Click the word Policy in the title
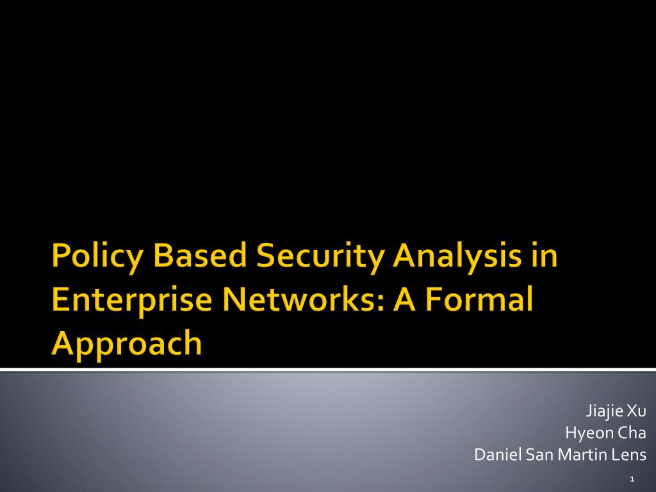click(x=97, y=257)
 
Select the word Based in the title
click(x=200, y=255)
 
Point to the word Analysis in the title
click(x=457, y=257)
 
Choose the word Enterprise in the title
click(x=132, y=301)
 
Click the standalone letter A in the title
click(x=404, y=299)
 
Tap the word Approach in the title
click(x=127, y=345)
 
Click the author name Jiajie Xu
click(x=616, y=411)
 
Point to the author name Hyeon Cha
click(x=605, y=432)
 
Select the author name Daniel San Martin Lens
click(x=560, y=454)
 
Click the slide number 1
click(x=632, y=479)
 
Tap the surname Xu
click(x=636, y=411)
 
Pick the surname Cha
click(x=632, y=432)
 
